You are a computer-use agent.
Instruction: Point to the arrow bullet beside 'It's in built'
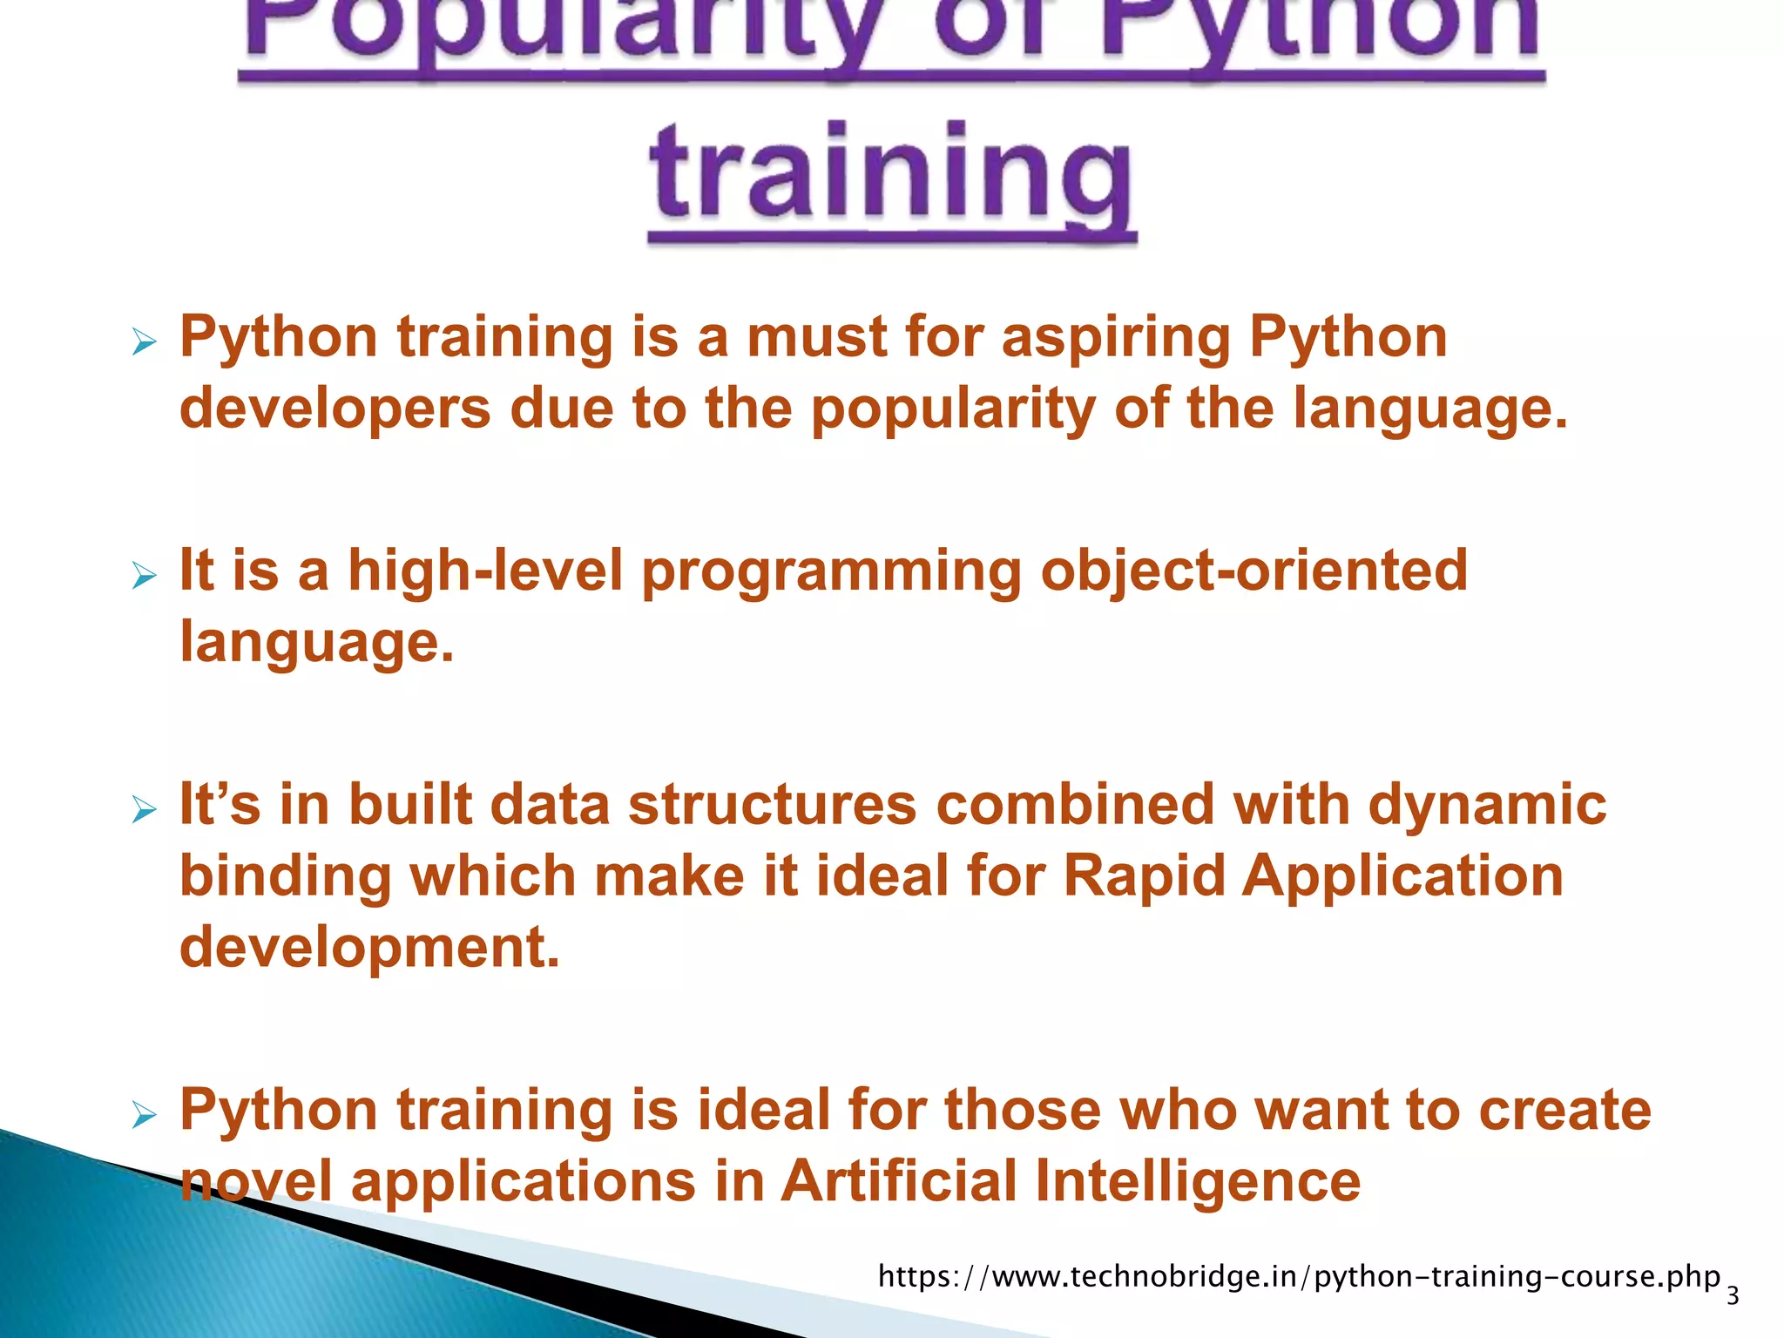144,809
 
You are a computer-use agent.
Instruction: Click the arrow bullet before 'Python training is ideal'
144,1115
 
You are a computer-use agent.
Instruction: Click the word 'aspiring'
1116,338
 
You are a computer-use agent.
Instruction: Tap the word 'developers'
335,409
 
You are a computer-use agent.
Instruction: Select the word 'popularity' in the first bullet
953,409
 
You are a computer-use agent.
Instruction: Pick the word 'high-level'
485,571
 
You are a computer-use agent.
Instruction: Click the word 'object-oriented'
1254,571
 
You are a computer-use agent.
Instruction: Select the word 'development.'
369,948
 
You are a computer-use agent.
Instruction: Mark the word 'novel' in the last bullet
256,1183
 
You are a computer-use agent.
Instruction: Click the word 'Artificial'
898,1183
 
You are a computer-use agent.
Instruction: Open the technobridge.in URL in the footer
1299,1277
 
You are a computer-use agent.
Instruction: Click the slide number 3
1733,1296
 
